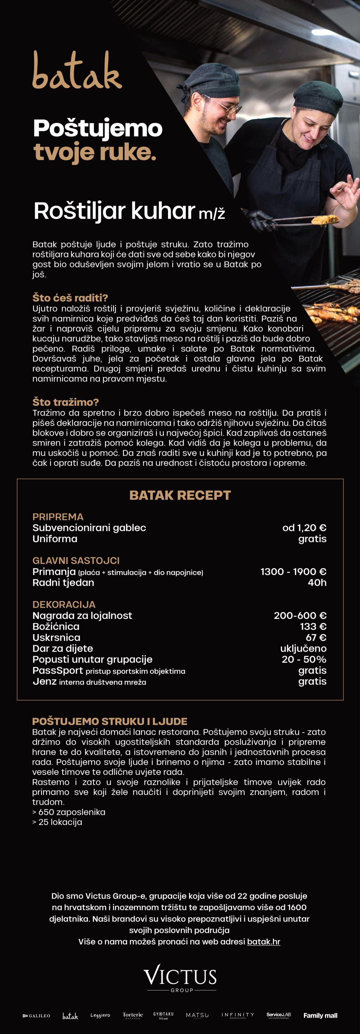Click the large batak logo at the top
(77, 71)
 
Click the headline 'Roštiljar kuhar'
(114, 211)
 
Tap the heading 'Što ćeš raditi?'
(70, 298)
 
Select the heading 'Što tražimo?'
(65, 402)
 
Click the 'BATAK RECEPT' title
(180, 495)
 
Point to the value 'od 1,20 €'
(304, 528)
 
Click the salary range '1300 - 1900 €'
(293, 572)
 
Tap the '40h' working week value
(317, 583)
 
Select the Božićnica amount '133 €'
(313, 626)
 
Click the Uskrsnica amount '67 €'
(316, 638)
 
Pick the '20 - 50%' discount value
(304, 659)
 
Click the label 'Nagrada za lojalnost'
(82, 616)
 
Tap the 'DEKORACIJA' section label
(64, 605)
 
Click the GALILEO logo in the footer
(37, 1016)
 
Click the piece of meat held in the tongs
(325, 220)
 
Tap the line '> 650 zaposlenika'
(69, 812)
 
